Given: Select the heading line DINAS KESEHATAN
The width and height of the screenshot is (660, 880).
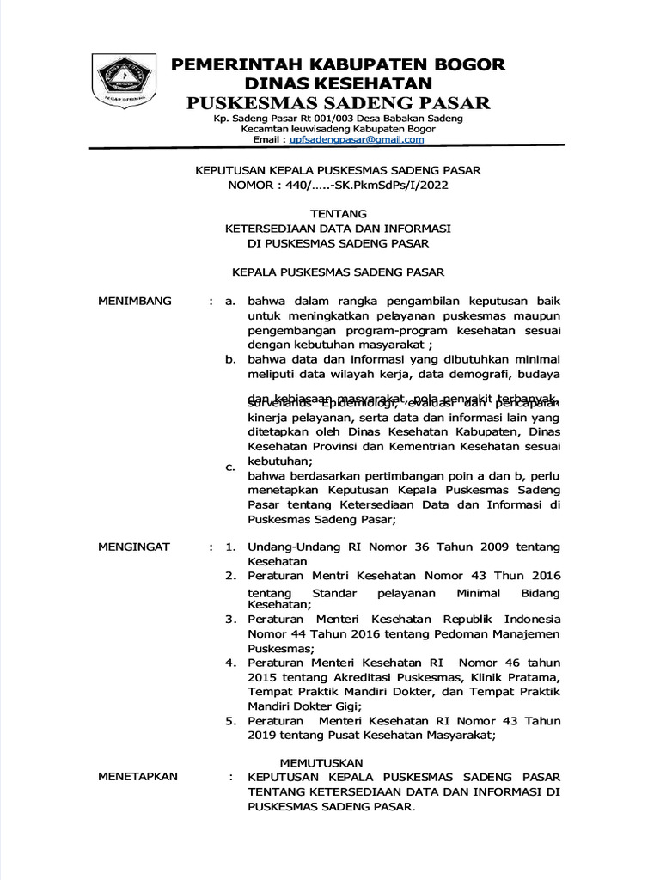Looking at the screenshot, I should click(339, 83).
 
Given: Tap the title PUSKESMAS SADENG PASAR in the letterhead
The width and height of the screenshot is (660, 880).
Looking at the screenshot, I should click(339, 104).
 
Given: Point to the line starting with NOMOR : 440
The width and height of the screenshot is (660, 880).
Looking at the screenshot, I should click(338, 185).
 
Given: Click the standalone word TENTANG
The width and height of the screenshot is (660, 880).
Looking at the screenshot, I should click(338, 213).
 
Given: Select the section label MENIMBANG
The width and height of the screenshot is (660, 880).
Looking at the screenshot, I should click(135, 301).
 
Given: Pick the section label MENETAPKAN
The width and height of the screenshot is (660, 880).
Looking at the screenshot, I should click(137, 776).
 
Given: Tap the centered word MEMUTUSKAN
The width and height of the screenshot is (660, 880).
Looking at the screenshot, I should click(322, 762).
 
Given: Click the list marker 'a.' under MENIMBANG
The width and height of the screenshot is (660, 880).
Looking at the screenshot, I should click(229, 302).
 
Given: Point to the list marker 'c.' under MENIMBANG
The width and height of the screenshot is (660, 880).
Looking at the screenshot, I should click(229, 467).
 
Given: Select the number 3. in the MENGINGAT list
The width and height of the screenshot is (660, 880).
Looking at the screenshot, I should click(230, 619).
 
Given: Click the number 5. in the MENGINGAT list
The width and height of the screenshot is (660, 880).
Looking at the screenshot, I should click(230, 721).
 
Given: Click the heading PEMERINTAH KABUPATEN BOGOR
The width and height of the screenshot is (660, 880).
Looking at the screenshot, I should click(339, 64).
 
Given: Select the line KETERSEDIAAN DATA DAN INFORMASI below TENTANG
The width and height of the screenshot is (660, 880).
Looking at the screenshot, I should click(338, 229).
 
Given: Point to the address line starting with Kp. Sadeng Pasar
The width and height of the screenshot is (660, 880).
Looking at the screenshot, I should click(339, 118).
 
